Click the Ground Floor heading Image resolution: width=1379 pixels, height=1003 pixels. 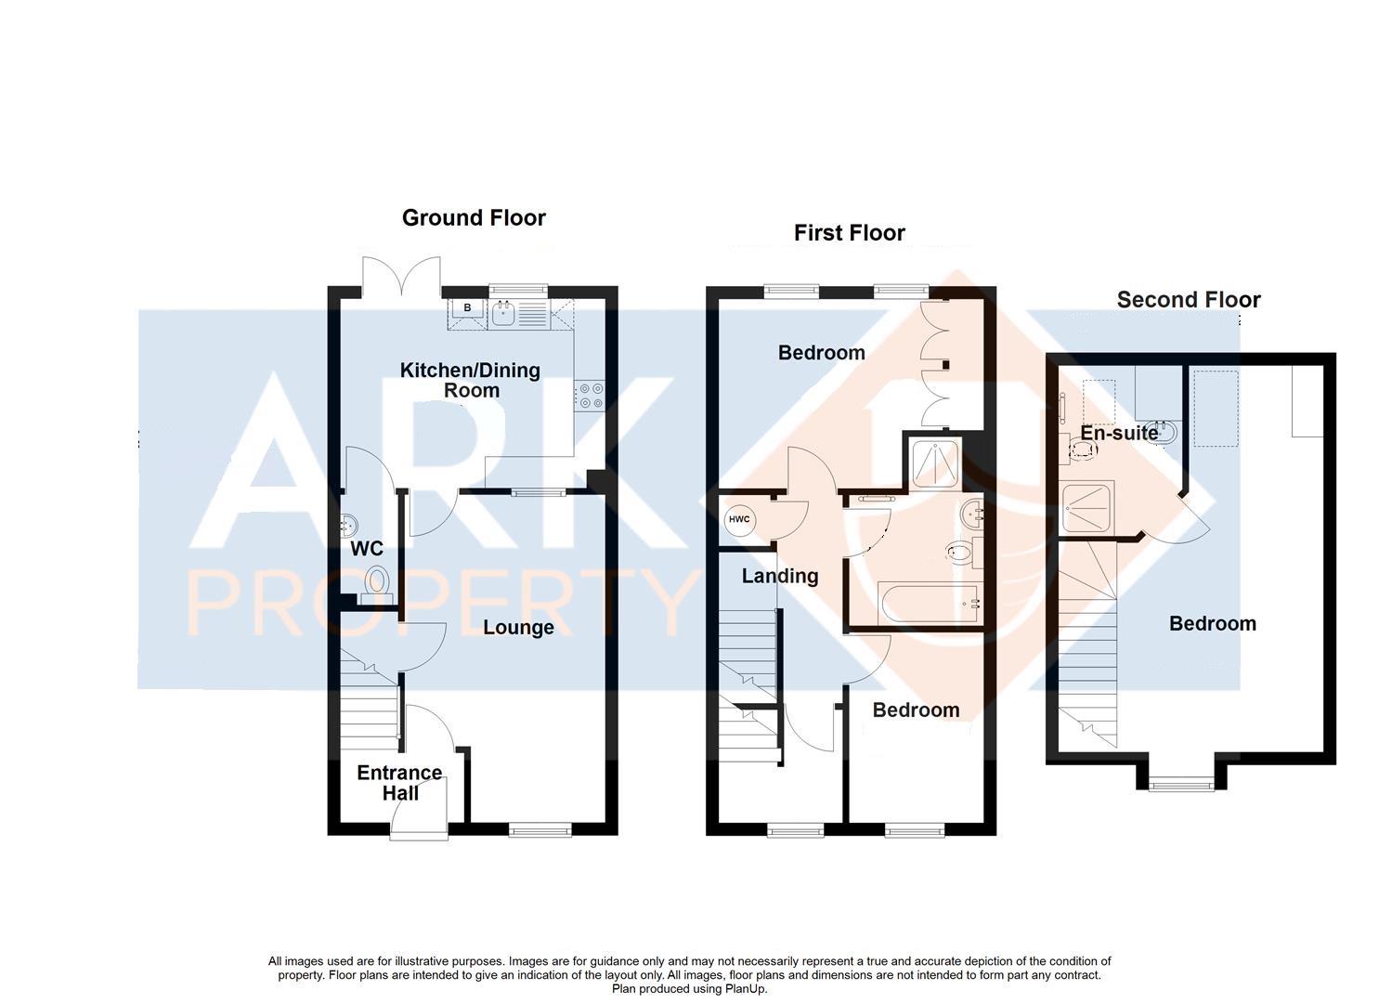[474, 217]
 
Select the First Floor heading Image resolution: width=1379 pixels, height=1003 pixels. [849, 232]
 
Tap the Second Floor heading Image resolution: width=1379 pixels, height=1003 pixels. [1188, 299]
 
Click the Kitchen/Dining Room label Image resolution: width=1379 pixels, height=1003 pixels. [470, 380]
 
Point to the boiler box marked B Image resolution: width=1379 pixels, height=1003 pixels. [467, 307]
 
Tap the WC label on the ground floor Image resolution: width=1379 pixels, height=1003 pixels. [366, 549]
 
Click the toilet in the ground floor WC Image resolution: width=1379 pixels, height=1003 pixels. [376, 582]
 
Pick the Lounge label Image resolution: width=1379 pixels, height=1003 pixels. [518, 628]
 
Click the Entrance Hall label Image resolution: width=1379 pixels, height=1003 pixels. [399, 783]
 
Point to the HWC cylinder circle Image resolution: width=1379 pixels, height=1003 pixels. [739, 519]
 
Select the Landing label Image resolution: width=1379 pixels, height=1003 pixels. [779, 576]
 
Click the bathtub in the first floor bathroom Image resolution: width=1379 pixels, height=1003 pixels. [929, 605]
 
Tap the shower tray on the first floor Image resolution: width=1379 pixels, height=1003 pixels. [933, 462]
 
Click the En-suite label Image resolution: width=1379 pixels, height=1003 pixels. [1119, 433]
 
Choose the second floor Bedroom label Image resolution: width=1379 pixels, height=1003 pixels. [1212, 624]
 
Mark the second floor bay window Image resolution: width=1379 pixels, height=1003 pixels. [1180, 785]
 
